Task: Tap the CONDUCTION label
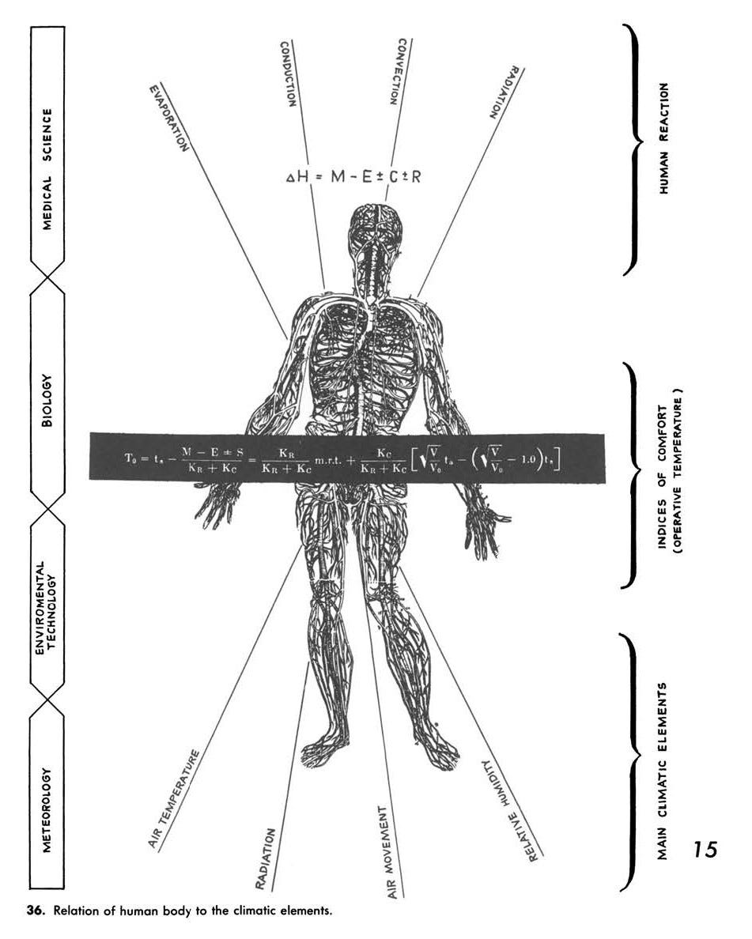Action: (x=288, y=74)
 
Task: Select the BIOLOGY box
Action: (x=47, y=401)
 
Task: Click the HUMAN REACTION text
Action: (x=664, y=138)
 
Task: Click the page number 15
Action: (x=705, y=850)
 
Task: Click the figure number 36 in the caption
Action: (x=36, y=911)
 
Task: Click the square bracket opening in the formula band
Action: (x=418, y=458)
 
